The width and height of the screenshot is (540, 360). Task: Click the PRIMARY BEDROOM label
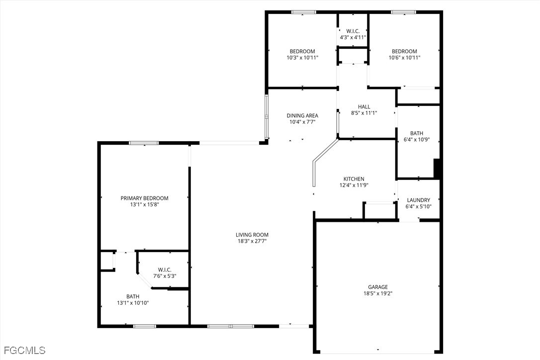click(x=144, y=198)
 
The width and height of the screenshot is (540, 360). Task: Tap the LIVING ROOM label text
click(x=252, y=235)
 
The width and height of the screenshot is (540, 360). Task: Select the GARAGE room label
click(x=378, y=287)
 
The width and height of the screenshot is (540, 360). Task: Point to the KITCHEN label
click(x=354, y=179)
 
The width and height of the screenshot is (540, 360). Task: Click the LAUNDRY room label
click(x=418, y=200)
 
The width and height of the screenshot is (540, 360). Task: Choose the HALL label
click(x=364, y=106)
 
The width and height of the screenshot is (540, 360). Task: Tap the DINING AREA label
click(x=302, y=116)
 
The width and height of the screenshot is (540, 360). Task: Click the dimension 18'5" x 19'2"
click(x=378, y=293)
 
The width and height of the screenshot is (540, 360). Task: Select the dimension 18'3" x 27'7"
click(x=252, y=241)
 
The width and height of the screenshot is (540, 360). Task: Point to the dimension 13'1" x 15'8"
click(x=144, y=204)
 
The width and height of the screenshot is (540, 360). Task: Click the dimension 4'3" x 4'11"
click(x=353, y=37)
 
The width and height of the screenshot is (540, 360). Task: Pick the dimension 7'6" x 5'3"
click(x=165, y=276)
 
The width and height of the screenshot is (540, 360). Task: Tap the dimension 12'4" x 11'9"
click(x=354, y=185)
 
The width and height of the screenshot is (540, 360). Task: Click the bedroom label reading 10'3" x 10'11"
click(x=302, y=58)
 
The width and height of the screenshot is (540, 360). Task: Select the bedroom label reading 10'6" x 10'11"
click(x=404, y=58)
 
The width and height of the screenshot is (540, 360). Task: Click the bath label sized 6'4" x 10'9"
click(x=417, y=140)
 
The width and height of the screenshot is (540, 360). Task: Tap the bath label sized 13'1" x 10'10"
click(x=133, y=303)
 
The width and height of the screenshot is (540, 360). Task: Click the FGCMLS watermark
click(x=23, y=351)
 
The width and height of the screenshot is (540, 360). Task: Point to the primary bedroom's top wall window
click(x=144, y=143)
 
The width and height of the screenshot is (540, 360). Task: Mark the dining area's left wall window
click(x=267, y=117)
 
